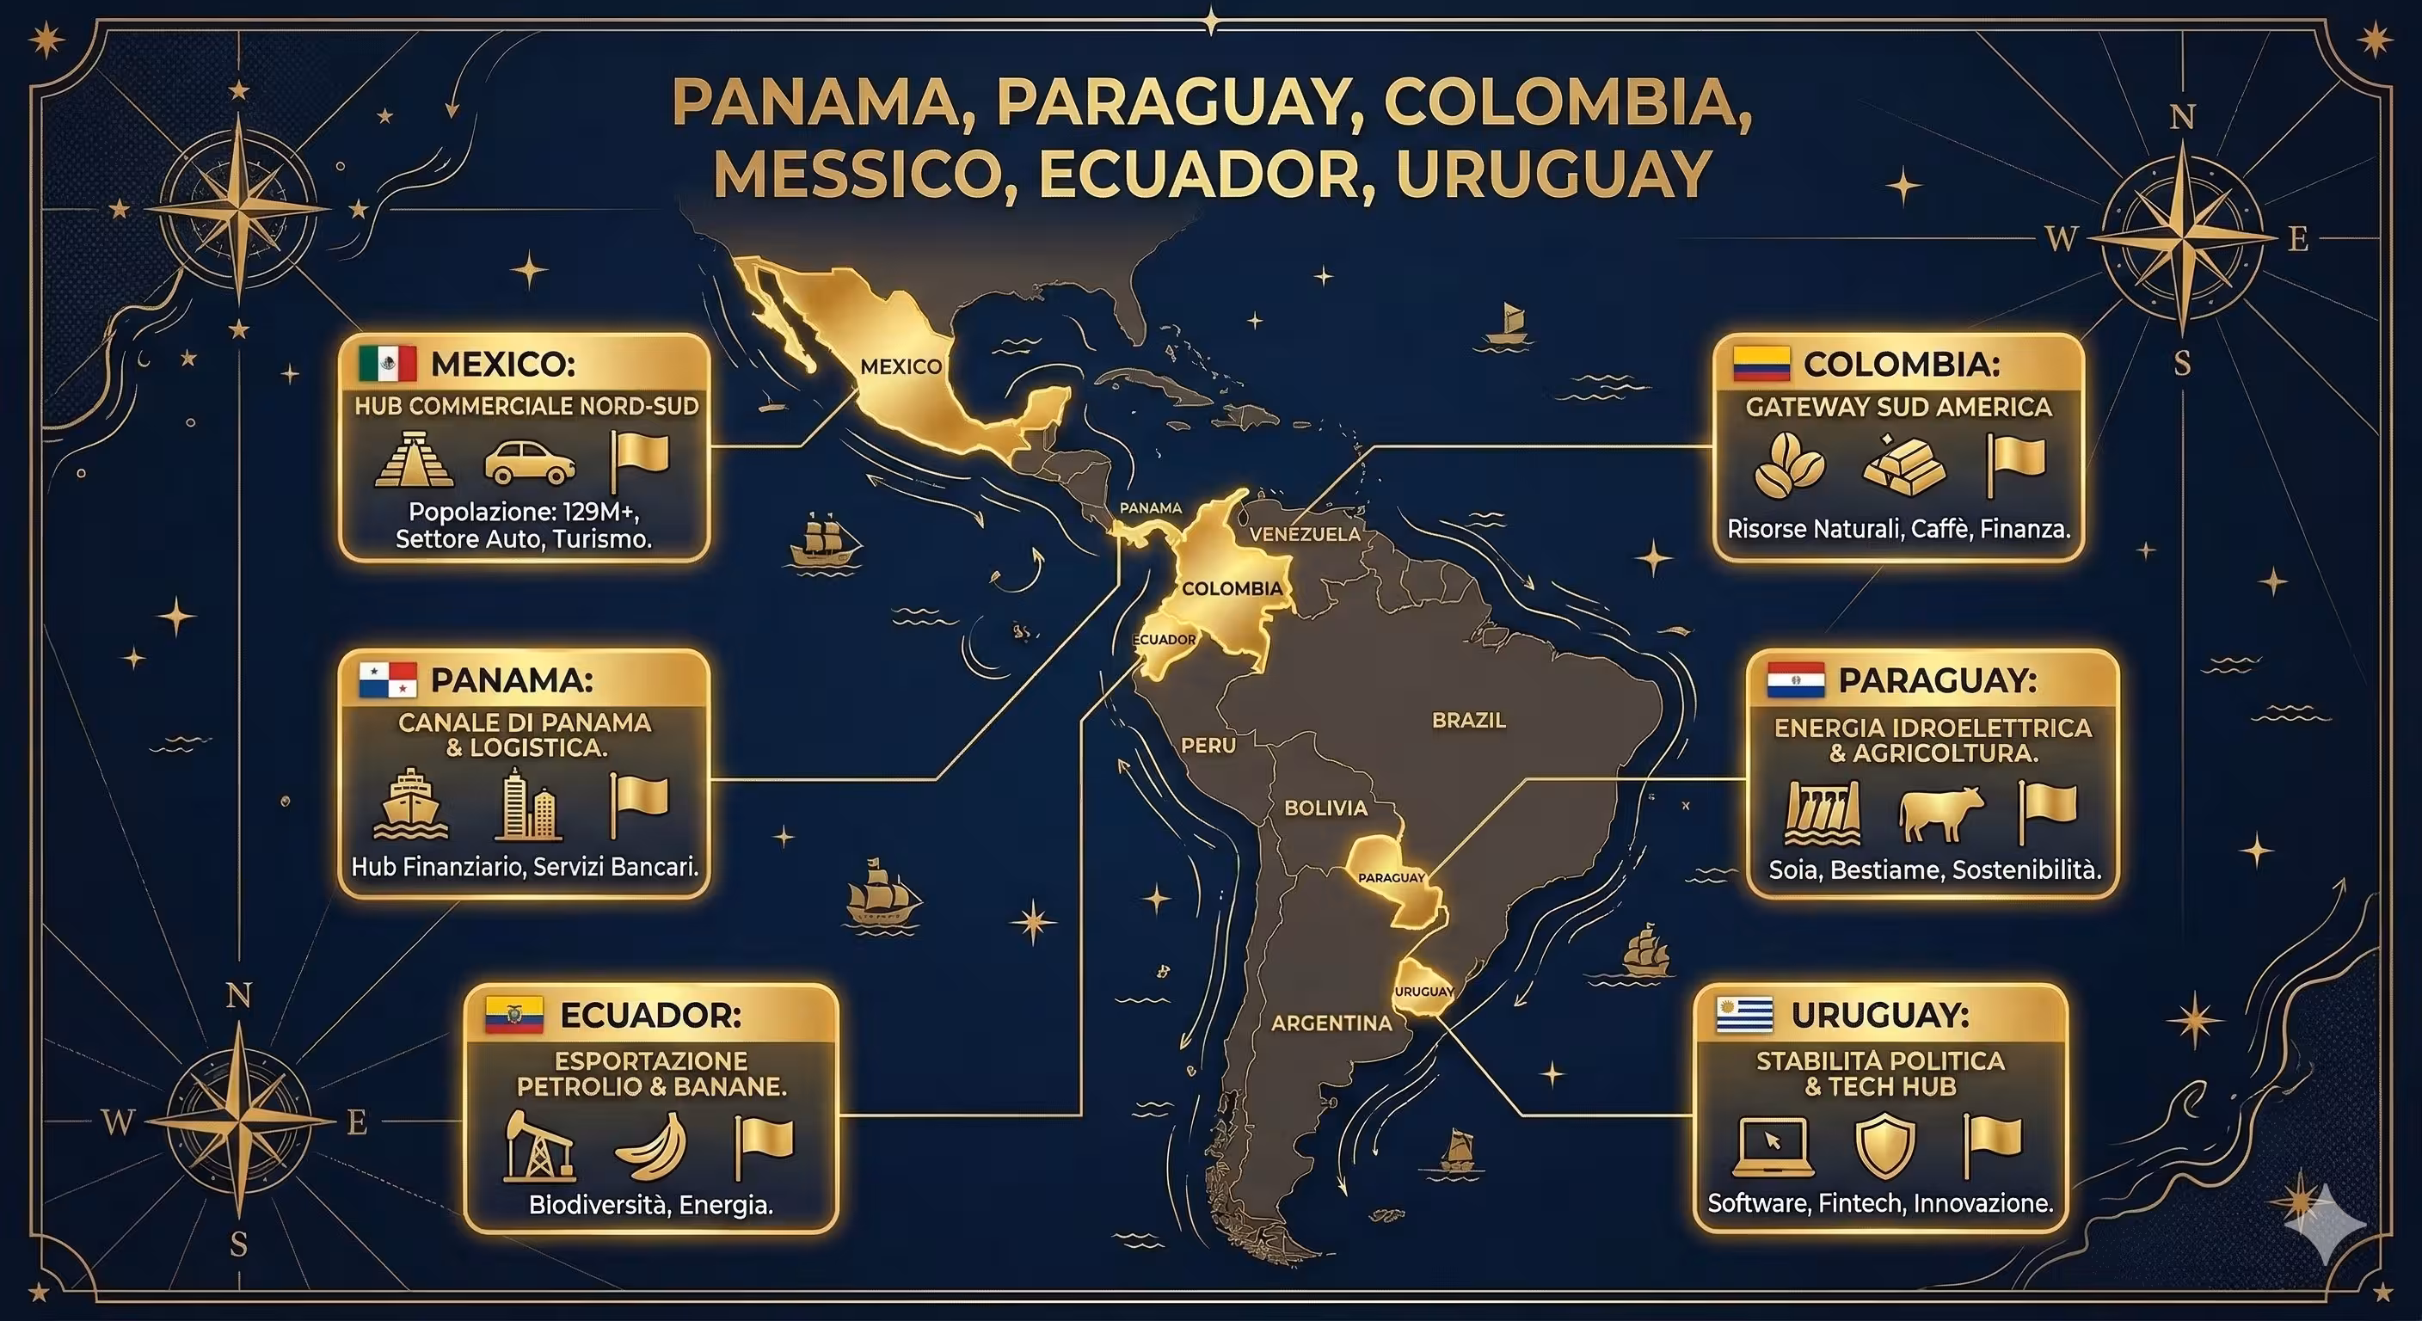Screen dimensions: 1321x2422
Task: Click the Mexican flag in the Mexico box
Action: coord(387,364)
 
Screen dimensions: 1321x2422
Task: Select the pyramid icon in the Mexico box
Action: coord(414,460)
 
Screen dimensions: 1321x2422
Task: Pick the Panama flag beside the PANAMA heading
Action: coord(387,679)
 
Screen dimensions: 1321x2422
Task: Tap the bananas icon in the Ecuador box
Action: coord(652,1146)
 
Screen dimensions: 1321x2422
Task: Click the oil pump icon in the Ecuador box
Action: coord(538,1146)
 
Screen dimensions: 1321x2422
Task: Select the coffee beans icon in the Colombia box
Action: coord(1788,464)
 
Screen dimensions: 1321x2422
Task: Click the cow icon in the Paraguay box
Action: coord(1940,813)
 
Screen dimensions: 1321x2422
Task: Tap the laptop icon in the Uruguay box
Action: coord(1773,1146)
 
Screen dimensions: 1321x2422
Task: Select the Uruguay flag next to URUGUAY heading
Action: coord(1744,1016)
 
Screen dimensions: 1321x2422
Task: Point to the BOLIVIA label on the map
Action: coord(1325,808)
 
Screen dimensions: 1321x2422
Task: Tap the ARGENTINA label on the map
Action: coord(1331,1023)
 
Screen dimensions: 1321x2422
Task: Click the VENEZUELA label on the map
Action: coord(1304,534)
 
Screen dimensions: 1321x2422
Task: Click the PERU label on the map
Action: coord(1208,746)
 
